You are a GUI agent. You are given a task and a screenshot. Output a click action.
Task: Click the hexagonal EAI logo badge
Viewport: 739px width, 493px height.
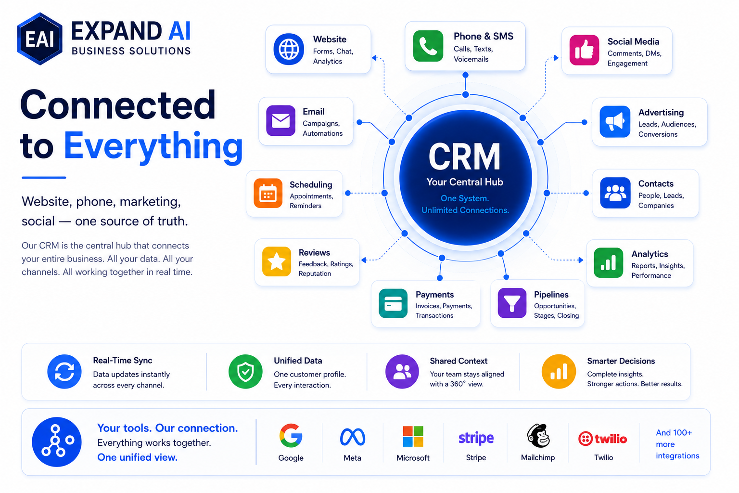pyautogui.click(x=39, y=39)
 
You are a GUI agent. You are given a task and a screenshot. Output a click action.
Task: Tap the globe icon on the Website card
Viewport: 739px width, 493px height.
pyautogui.click(x=289, y=49)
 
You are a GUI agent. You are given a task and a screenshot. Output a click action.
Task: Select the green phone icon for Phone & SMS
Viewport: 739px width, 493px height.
pyautogui.click(x=428, y=46)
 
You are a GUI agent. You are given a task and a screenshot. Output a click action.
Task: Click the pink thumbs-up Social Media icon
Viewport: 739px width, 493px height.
pyautogui.click(x=584, y=50)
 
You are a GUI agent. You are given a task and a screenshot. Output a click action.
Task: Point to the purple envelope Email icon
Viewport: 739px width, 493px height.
pyautogui.click(x=281, y=120)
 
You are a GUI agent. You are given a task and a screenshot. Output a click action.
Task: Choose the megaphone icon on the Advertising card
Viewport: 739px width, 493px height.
pyautogui.click(x=615, y=121)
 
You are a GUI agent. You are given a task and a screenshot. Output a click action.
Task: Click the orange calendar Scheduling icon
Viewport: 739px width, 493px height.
pyautogui.click(x=268, y=193)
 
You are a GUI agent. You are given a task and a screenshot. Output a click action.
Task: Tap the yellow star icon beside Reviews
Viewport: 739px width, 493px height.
pyautogui.click(x=277, y=261)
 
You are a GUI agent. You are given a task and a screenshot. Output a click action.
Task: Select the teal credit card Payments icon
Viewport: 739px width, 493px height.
pyautogui.click(x=393, y=303)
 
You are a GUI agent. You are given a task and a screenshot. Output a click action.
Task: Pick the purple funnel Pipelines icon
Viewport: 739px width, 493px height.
pyautogui.click(x=512, y=303)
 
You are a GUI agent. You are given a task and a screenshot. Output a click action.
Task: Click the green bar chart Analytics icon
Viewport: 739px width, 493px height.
pyautogui.click(x=608, y=262)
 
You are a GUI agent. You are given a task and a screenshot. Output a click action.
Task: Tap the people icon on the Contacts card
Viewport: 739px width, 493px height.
pyautogui.click(x=615, y=193)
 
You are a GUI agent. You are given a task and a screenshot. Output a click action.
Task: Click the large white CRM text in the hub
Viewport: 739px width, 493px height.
pyautogui.click(x=464, y=156)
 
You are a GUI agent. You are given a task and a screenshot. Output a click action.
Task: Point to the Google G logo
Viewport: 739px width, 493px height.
pyautogui.click(x=291, y=436)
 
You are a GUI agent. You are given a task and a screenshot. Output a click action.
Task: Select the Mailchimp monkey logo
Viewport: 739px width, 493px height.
pyautogui.click(x=538, y=436)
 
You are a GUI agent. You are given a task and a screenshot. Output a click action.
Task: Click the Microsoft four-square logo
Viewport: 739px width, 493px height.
pyautogui.click(x=413, y=436)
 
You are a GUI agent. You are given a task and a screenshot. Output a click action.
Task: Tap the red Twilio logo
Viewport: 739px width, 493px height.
pyautogui.click(x=603, y=439)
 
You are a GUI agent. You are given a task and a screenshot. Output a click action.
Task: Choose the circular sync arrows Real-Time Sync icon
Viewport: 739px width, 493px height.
pyautogui.click(x=64, y=372)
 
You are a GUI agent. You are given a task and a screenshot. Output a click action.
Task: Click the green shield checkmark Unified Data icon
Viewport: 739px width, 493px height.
pyautogui.click(x=245, y=372)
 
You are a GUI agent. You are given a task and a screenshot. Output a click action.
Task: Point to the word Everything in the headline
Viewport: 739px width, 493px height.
pyautogui.click(x=153, y=146)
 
